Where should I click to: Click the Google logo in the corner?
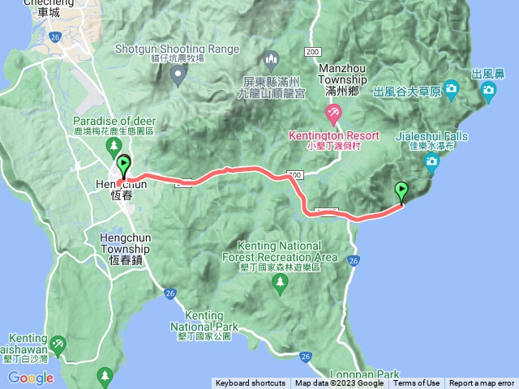point(31,378)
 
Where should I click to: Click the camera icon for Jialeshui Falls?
point(432,163)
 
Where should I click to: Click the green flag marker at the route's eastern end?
point(402,192)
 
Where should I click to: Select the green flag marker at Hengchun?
point(123,166)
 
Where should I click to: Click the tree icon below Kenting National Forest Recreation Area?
point(281,283)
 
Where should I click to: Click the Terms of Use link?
point(417,383)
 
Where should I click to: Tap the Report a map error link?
point(482,383)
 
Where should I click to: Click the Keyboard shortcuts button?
point(251,383)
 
